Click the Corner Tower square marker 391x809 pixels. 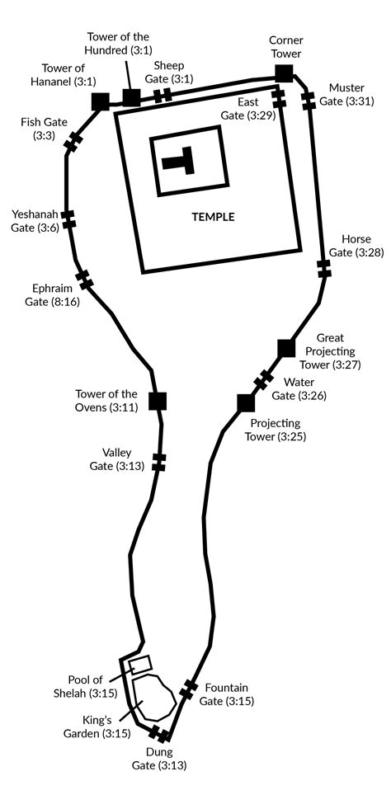pyautogui.click(x=284, y=73)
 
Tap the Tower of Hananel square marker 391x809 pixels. pyautogui.click(x=100, y=101)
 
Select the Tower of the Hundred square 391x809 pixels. pyautogui.click(x=131, y=97)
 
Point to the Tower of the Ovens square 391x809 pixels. pyautogui.click(x=158, y=401)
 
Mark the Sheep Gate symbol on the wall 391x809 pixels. pyautogui.click(x=163, y=96)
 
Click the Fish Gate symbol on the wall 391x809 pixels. pyautogui.click(x=73, y=143)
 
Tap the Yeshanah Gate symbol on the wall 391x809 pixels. pyautogui.click(x=68, y=219)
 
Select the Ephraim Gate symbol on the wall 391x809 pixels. pyautogui.click(x=84, y=280)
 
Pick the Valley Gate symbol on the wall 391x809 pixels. pyautogui.click(x=159, y=462)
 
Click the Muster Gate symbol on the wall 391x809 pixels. pyautogui.click(x=309, y=100)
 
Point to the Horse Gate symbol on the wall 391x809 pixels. pyautogui.click(x=323, y=269)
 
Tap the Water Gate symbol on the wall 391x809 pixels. pyautogui.click(x=263, y=379)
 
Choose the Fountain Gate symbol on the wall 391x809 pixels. pyautogui.click(x=188, y=689)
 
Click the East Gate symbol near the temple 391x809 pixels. pyautogui.click(x=278, y=98)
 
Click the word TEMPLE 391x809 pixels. pyautogui.click(x=213, y=217)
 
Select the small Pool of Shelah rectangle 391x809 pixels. pyautogui.click(x=139, y=665)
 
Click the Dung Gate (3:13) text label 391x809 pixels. pyautogui.click(x=163, y=759)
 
